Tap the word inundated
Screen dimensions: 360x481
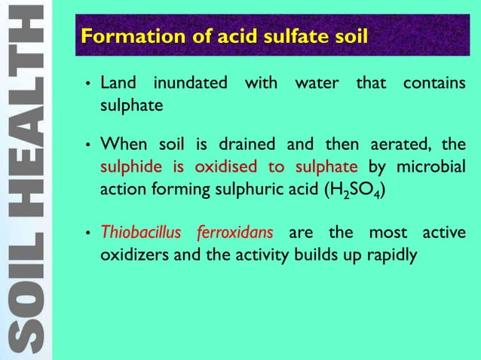[x=190, y=83]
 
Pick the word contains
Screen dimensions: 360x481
[x=434, y=83]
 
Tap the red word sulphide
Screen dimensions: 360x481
[x=130, y=166]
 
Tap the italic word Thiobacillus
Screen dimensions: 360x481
[x=141, y=232]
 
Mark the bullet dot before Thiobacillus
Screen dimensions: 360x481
[x=89, y=233]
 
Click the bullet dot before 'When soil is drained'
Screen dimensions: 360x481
[x=89, y=144]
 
